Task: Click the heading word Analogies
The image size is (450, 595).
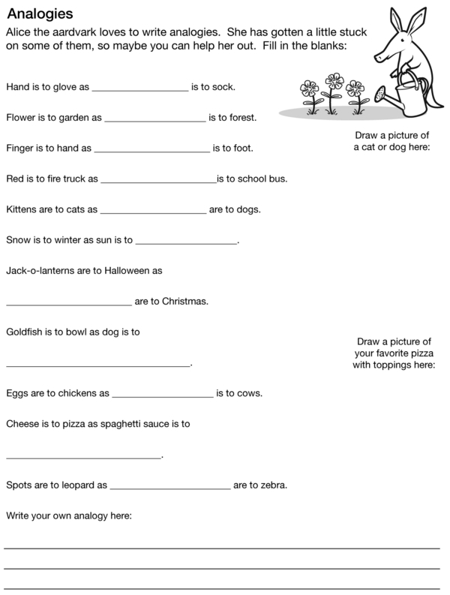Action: (x=40, y=13)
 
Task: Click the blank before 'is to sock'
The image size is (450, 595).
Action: (x=139, y=87)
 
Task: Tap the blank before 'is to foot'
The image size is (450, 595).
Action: (x=151, y=149)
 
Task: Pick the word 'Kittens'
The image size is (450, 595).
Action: (x=22, y=210)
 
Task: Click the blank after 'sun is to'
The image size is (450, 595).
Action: (x=186, y=241)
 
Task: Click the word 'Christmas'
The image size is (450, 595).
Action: (x=184, y=302)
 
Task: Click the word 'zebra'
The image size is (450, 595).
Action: (x=273, y=485)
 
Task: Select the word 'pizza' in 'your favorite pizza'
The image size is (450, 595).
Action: (x=418, y=353)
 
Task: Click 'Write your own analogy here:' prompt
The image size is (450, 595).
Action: (x=69, y=515)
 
